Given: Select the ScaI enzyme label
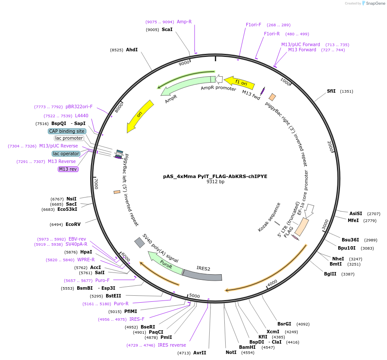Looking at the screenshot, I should click(x=167, y=30).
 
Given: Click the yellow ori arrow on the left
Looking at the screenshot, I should click(x=139, y=116).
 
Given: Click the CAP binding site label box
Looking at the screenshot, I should click(x=67, y=131).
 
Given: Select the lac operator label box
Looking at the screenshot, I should click(x=66, y=153).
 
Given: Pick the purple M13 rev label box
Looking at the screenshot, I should click(x=68, y=169).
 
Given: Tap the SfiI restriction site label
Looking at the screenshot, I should click(x=331, y=91).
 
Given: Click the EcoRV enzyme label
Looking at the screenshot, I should click(x=73, y=224).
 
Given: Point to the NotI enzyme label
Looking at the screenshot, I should click(x=231, y=352).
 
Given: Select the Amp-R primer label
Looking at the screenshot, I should click(x=184, y=22).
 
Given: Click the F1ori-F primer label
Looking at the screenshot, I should click(x=254, y=25).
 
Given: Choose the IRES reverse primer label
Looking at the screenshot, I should click(x=172, y=345).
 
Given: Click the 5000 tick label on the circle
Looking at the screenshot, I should click(x=195, y=296).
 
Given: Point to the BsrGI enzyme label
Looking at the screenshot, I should click(x=284, y=324).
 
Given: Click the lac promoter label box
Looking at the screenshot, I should click(x=69, y=138).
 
